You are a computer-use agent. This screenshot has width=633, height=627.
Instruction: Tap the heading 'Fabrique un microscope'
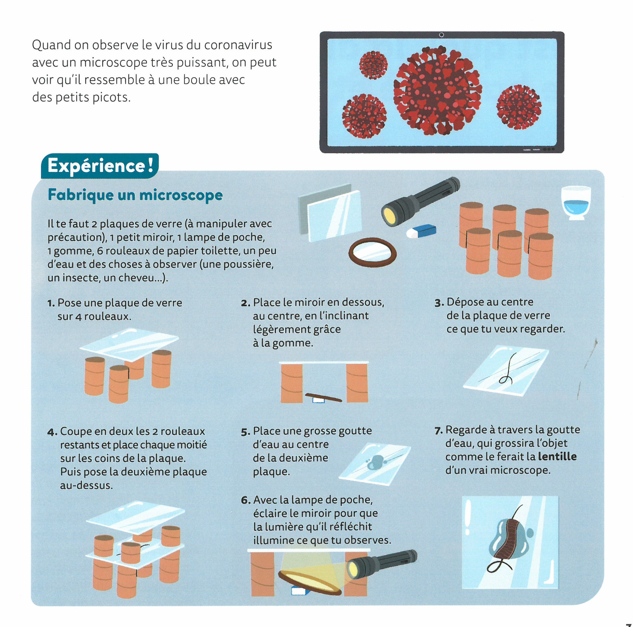[135, 195]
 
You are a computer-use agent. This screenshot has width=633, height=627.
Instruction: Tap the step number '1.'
[51, 303]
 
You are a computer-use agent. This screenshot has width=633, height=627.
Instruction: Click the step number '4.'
[52, 432]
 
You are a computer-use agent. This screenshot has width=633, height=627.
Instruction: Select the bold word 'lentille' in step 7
[557, 456]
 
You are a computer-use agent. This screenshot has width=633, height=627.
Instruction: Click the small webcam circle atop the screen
[441, 35]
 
